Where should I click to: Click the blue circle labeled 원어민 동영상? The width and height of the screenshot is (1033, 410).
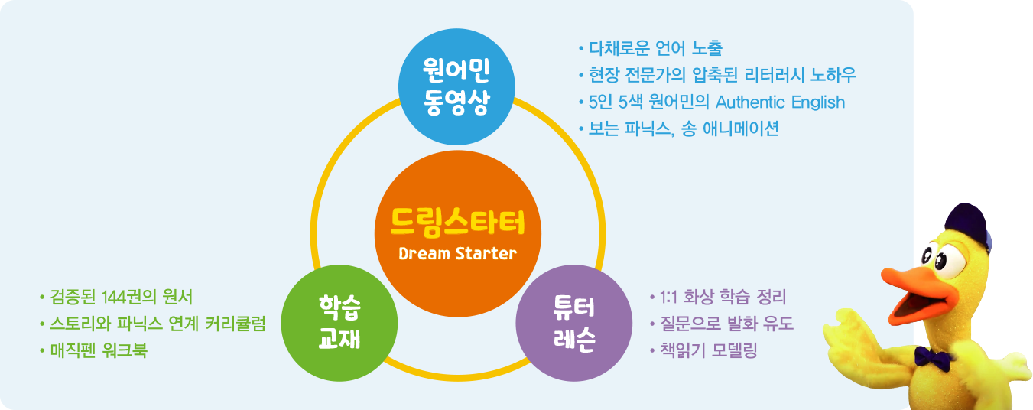coord(456,86)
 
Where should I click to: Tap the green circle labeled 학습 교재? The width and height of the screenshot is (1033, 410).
coord(339,323)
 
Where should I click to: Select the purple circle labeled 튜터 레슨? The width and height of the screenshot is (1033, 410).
coord(574,323)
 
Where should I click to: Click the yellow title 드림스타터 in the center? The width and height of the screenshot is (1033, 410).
coord(457,223)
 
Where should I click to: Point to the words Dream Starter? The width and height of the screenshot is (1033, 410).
coord(457,254)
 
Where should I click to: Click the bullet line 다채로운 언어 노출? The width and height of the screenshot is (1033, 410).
coord(651,48)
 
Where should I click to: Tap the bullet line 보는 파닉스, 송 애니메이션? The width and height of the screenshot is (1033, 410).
coord(679,129)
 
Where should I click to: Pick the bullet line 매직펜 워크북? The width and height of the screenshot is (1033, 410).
coord(93,350)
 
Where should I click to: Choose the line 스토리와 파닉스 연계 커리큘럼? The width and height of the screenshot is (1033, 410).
coord(153,324)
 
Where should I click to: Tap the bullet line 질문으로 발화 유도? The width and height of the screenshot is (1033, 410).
coord(721,324)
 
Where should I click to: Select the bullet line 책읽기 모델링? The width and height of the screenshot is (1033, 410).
coord(703,350)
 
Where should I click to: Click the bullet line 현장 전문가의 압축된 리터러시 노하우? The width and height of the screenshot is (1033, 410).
coord(717,75)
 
